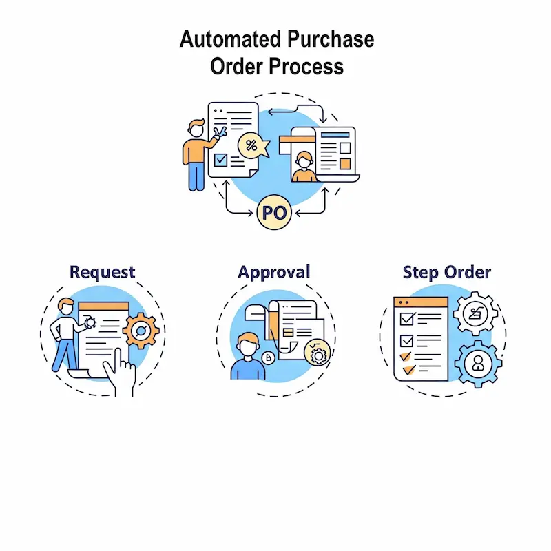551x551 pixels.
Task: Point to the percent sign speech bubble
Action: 252,146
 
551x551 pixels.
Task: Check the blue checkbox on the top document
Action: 220,160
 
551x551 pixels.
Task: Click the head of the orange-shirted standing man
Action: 196,127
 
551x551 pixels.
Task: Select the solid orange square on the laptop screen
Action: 344,164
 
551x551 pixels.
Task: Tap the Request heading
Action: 103,272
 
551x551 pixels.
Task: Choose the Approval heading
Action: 274,272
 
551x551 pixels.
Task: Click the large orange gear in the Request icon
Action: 141,331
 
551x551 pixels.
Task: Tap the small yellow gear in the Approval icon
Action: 318,355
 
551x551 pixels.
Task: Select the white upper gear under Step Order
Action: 476,313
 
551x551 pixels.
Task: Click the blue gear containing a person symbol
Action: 477,364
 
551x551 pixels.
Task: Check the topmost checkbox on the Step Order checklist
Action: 406,320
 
